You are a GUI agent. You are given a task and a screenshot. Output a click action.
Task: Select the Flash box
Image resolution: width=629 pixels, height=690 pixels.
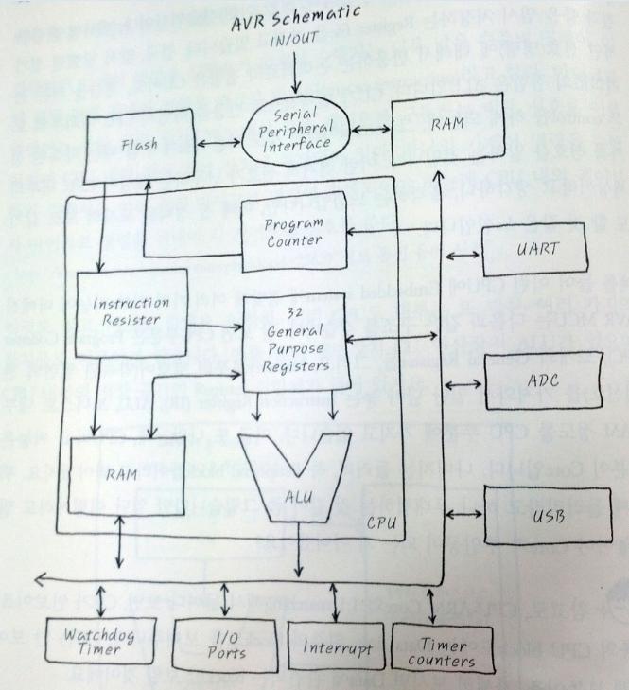139,144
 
